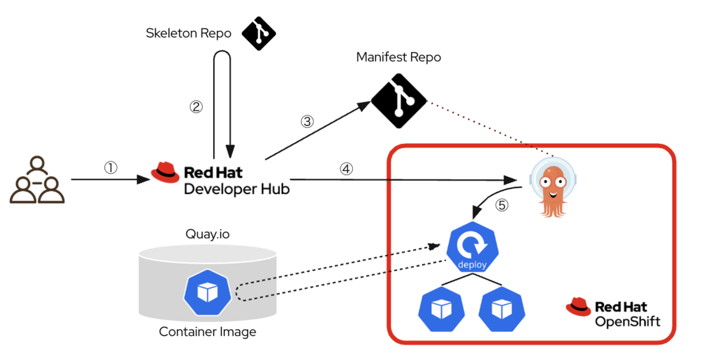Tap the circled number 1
[110, 168]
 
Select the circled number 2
[196, 106]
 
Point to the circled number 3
[307, 121]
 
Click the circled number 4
[346, 169]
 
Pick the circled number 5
[503, 205]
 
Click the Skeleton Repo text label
[189, 34]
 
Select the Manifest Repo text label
[399, 57]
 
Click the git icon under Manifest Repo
[399, 101]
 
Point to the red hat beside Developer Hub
[164, 172]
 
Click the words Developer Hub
[237, 189]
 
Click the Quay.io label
[208, 234]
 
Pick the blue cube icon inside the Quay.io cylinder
[207, 294]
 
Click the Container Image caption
[207, 331]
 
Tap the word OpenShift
[627, 322]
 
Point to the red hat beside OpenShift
[578, 306]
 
